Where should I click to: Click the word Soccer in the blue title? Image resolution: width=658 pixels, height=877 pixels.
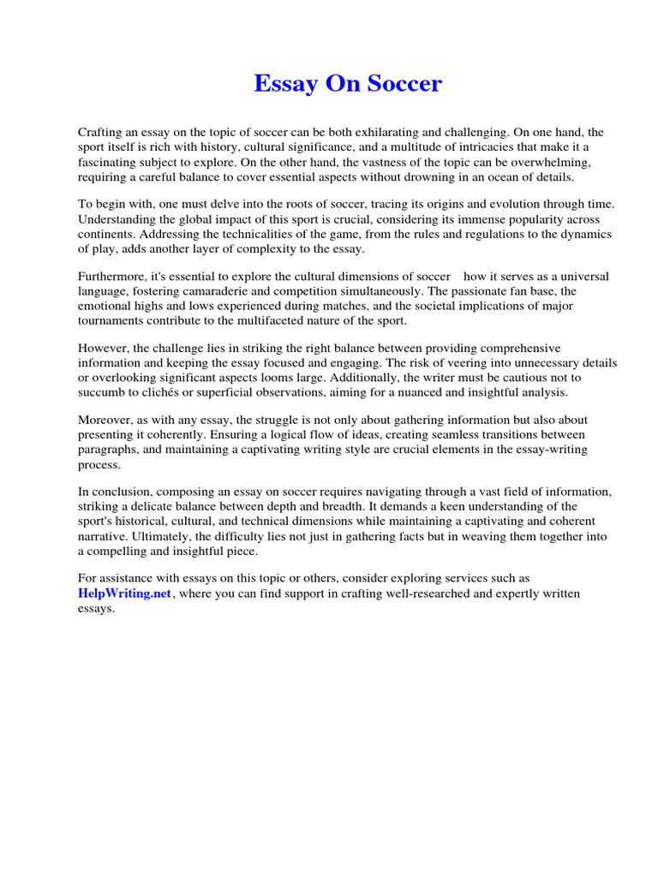[x=403, y=84]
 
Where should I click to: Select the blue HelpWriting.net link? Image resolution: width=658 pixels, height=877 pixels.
[x=125, y=594]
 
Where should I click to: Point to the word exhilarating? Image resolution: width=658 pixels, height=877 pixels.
[x=383, y=133]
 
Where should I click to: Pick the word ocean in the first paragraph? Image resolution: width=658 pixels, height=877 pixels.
[x=493, y=176]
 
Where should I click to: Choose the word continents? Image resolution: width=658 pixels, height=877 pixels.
[x=106, y=233]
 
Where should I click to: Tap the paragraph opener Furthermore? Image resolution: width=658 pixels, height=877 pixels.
[x=111, y=277]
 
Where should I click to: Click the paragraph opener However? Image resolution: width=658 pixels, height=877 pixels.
[x=102, y=349]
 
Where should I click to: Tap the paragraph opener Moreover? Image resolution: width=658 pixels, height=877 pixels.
[x=105, y=421]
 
